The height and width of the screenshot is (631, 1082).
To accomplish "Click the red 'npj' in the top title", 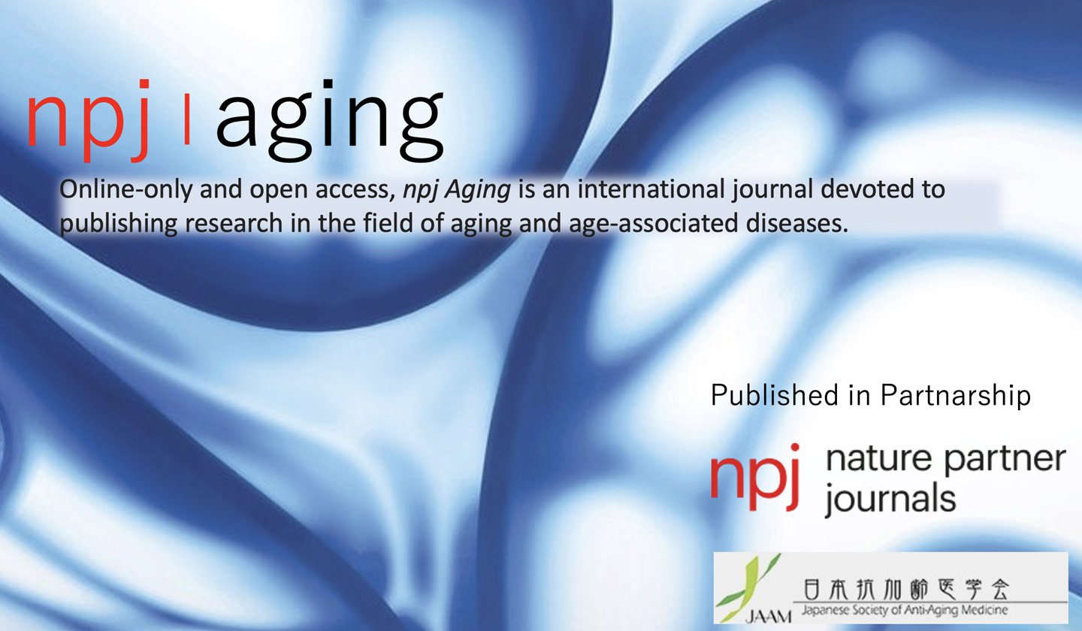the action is pyautogui.click(x=88, y=121).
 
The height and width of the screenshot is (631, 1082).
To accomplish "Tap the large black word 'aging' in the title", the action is pyautogui.click(x=330, y=121).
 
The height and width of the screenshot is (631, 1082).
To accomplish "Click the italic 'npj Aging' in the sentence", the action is pyautogui.click(x=457, y=190).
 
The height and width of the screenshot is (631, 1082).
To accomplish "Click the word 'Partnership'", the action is pyautogui.click(x=956, y=396).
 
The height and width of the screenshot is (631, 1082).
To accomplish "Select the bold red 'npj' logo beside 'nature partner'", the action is pyautogui.click(x=756, y=477).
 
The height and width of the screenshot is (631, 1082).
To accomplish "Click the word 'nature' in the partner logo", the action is pyautogui.click(x=878, y=459).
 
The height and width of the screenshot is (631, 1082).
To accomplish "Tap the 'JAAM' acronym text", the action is pyautogui.click(x=768, y=617).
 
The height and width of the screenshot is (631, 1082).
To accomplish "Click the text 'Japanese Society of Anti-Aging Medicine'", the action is pyautogui.click(x=905, y=611).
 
